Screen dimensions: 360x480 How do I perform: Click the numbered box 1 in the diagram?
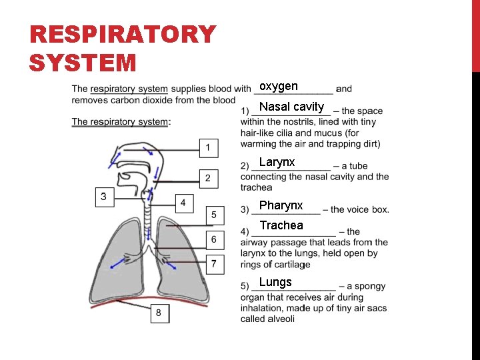(209, 147)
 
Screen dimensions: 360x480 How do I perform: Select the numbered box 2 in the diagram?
(208, 178)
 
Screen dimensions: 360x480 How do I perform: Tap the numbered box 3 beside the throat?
(104, 197)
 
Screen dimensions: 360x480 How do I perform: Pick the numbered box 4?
(183, 202)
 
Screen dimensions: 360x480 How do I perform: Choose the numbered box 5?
(214, 215)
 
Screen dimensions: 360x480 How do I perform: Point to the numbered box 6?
(214, 239)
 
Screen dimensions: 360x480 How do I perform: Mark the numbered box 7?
(214, 264)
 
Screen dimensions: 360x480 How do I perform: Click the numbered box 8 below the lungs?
(159, 313)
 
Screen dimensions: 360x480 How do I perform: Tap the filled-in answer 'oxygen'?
(279, 87)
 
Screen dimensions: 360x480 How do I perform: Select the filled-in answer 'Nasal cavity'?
(291, 107)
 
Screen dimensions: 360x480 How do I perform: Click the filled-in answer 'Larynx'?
(277, 162)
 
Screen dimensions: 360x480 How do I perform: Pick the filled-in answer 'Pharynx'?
(281, 205)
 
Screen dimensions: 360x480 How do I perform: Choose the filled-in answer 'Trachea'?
(281, 225)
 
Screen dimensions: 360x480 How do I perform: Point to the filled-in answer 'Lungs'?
(275, 282)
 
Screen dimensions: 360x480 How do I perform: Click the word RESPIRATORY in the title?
(123, 35)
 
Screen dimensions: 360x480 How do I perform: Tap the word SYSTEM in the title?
(83, 63)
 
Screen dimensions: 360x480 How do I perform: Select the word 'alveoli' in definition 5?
(281, 319)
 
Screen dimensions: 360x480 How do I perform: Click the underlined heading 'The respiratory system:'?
(121, 121)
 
